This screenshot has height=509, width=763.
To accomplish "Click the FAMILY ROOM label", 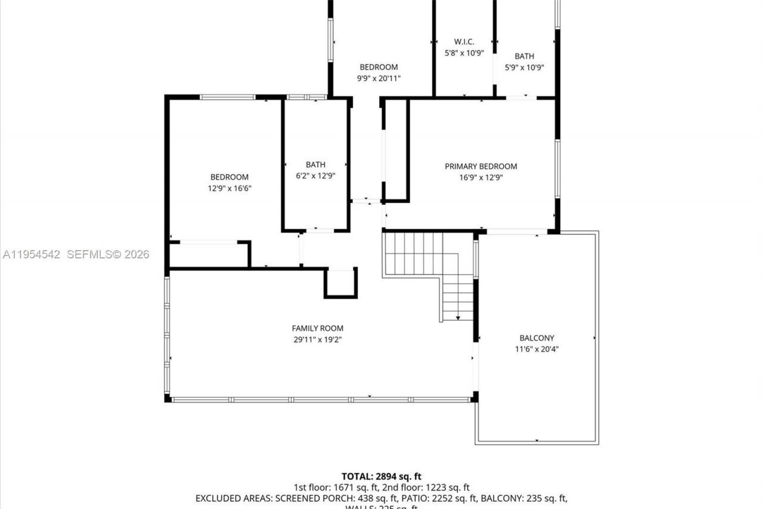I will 317,328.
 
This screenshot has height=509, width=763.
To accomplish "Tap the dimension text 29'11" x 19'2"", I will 317,340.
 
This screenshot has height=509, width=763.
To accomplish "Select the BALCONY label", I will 536,338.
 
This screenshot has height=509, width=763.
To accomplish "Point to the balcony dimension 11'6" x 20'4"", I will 536,349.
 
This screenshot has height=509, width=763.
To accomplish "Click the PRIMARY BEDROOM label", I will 480,166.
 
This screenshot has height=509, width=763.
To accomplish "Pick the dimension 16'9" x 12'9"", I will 480,177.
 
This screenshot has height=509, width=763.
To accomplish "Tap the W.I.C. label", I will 464,42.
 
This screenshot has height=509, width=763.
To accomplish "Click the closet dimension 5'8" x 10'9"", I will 464,53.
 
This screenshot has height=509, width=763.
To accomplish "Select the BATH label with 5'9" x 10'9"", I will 525,57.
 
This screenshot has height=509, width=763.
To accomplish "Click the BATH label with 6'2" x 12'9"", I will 315,165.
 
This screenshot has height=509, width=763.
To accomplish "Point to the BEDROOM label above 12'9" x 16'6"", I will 229,177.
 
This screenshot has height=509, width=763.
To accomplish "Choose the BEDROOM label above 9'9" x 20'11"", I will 379,67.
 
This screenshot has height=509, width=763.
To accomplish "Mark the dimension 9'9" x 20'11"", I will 379,78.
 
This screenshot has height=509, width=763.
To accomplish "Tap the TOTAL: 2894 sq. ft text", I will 381,476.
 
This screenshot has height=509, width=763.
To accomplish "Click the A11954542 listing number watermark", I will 32,255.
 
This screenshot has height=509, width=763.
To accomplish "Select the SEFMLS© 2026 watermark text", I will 108,255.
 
